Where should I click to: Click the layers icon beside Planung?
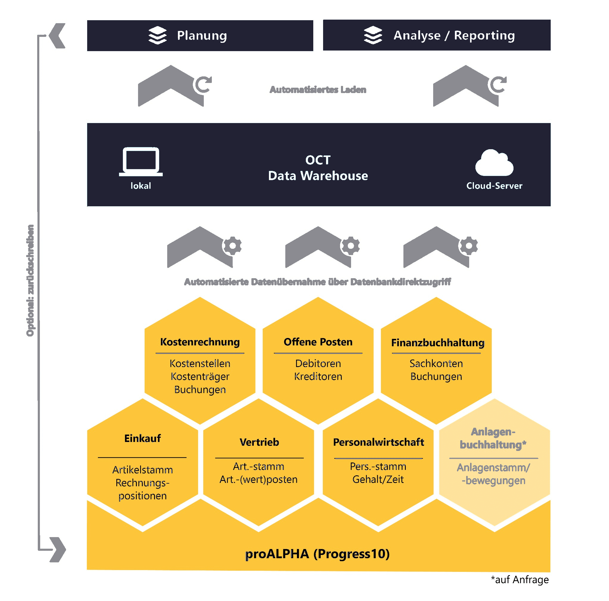[157, 35]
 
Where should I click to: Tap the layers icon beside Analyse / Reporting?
[373, 35]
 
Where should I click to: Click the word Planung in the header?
[202, 36]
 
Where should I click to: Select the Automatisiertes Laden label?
[318, 90]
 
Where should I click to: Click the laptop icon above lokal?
[141, 161]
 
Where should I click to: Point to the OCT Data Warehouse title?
[318, 168]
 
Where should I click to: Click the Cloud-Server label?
[494, 186]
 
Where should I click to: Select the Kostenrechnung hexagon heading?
[200, 342]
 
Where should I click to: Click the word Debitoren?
[318, 364]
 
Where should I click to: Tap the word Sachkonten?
[436, 364]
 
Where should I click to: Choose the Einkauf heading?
[143, 438]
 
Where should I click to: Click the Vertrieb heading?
[259, 442]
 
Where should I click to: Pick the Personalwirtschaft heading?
[378, 442]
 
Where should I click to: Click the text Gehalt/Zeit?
[378, 479]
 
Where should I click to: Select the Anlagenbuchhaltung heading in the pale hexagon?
[493, 438]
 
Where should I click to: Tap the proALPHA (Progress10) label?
[317, 554]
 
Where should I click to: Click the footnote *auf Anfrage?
[519, 580]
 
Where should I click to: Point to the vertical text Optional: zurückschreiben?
[30, 280]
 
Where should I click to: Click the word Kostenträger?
[200, 376]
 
